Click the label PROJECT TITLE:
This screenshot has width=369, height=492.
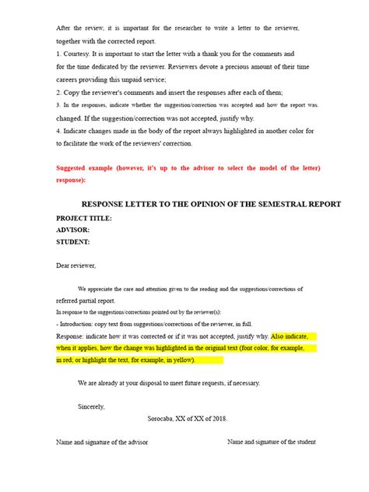(84, 219)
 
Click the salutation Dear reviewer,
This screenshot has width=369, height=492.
(76, 265)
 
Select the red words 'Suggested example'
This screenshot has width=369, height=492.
(87, 169)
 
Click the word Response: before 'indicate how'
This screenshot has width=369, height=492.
(73, 336)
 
